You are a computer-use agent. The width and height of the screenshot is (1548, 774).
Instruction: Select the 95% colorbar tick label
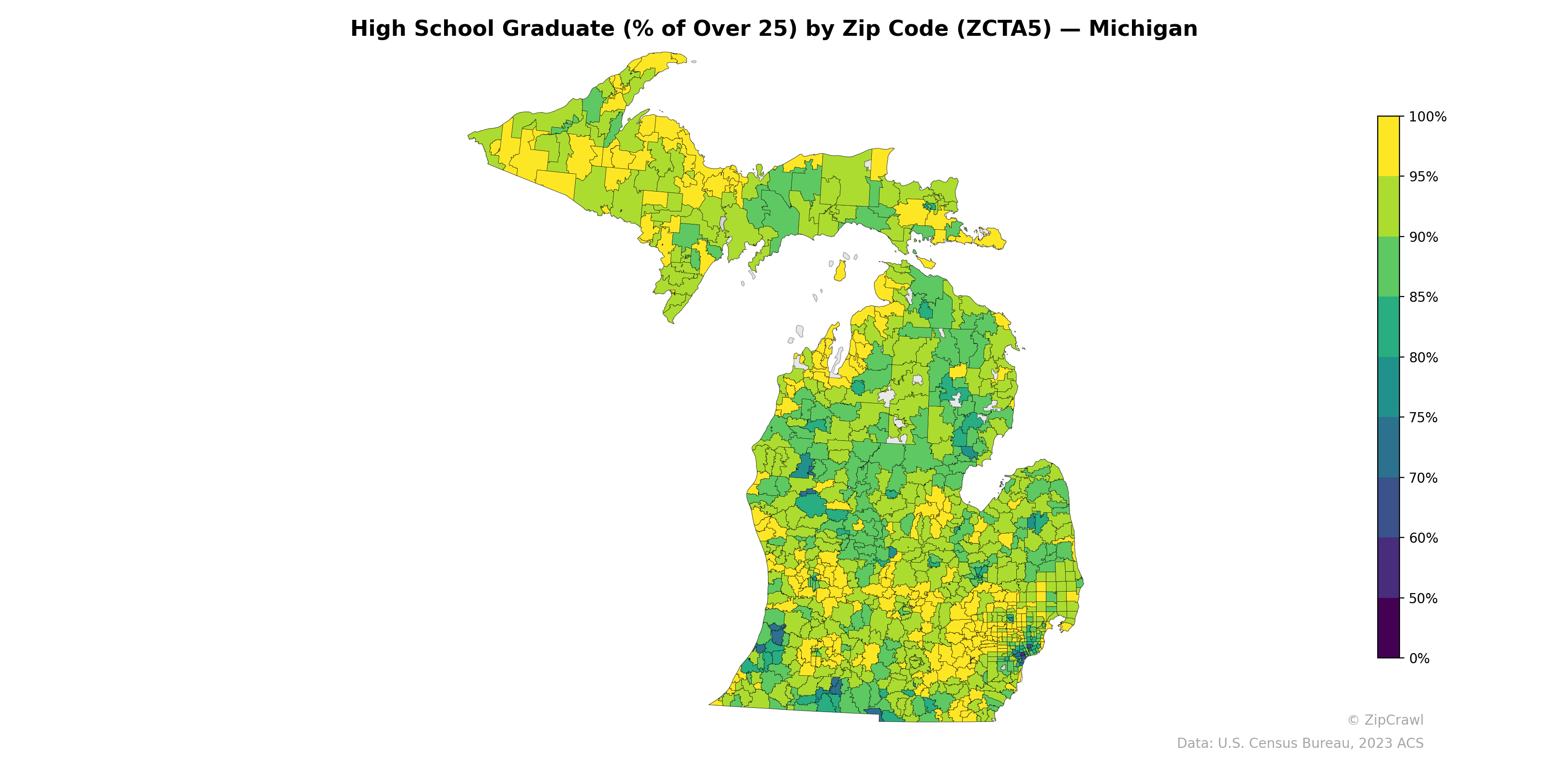[1423, 177]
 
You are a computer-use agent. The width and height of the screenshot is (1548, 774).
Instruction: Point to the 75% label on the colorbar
[1423, 417]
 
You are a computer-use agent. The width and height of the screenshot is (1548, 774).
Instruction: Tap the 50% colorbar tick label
[1423, 598]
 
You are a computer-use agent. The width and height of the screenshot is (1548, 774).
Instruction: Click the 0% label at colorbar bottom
[1419, 658]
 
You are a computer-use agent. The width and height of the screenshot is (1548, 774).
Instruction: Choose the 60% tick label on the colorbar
[1423, 538]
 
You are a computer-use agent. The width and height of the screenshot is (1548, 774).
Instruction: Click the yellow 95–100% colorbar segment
[1388, 146]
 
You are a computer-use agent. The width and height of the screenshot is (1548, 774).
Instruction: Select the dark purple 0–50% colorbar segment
[1388, 628]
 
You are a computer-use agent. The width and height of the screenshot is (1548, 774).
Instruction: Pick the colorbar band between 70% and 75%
[1388, 447]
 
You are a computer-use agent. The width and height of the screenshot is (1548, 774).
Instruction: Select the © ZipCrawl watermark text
[1384, 720]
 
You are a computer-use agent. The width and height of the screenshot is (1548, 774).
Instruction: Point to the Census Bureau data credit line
[1300, 744]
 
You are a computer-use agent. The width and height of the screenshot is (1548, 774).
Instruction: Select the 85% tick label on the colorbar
[1423, 298]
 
